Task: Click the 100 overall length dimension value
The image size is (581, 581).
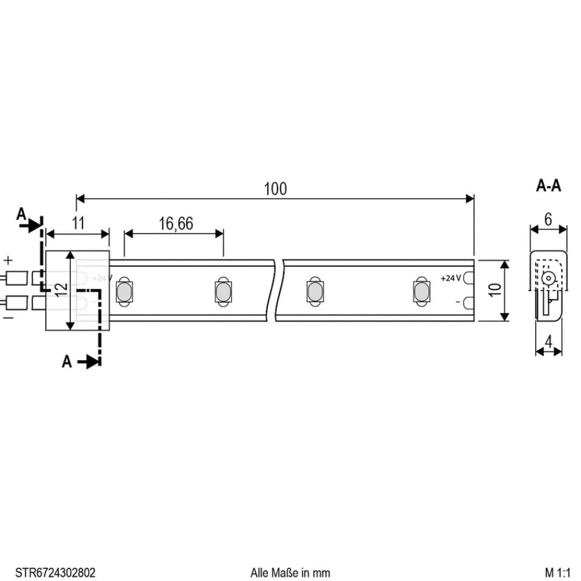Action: pos(275,189)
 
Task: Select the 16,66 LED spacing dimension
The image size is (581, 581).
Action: pos(175,224)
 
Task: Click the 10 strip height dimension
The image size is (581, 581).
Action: pos(494,290)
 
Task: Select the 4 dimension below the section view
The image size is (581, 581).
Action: pos(548,341)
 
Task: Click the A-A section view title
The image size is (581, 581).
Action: pos(548,186)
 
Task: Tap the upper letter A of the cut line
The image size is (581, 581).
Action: pos(21,214)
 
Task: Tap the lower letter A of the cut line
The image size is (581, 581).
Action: pos(67,362)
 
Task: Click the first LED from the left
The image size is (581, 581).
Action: pos(124,292)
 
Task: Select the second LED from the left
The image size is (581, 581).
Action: pos(222,292)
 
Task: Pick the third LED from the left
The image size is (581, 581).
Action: pos(314,292)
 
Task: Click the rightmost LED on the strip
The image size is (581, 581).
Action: pos(420,292)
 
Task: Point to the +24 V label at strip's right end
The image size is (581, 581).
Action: pos(451,278)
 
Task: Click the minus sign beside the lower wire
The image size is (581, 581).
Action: pos(8,318)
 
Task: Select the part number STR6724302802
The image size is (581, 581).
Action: pos(56,572)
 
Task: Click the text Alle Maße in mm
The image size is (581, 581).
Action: pos(290,572)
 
